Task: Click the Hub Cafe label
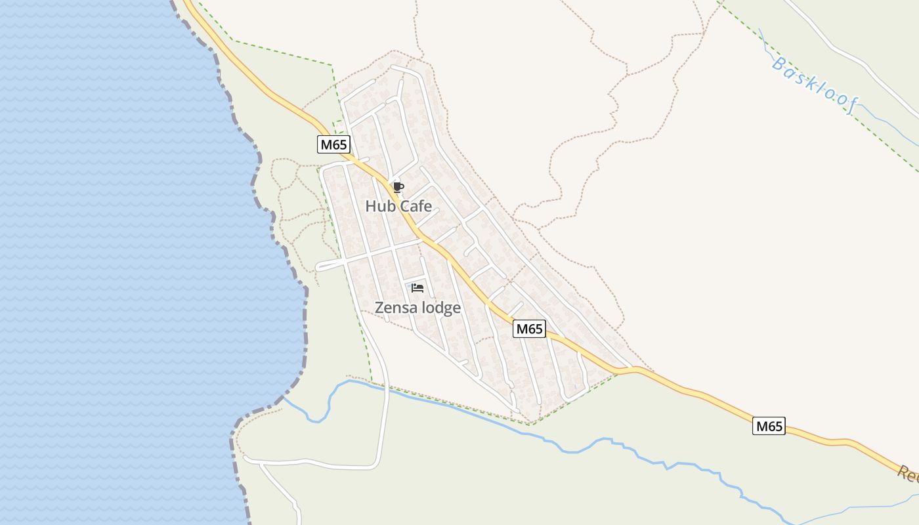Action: pos(398,206)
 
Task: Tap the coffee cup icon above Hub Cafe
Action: pos(398,188)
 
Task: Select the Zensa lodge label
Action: pos(417,307)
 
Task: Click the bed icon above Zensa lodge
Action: pos(417,287)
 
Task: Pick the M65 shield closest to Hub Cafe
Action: pos(333,144)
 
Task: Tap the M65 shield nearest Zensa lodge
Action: pos(529,329)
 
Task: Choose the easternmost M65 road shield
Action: pos(769,426)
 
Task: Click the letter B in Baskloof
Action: pos(779,64)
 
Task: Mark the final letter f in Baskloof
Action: pos(849,108)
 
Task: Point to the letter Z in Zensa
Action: pos(379,307)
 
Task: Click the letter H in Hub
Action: pos(370,206)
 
